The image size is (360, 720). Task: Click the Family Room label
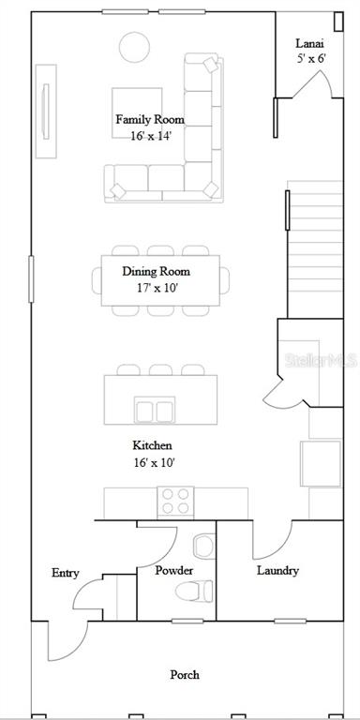click(150, 120)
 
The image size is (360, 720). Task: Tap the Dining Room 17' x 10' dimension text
click(157, 289)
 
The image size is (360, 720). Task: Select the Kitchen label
click(153, 445)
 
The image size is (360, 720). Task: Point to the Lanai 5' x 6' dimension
click(311, 59)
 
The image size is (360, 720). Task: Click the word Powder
click(174, 571)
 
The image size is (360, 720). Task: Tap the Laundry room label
click(277, 571)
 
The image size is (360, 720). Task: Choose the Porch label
click(185, 675)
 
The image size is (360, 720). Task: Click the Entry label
click(66, 573)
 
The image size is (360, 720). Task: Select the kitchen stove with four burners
click(175, 501)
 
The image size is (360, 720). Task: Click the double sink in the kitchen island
click(155, 409)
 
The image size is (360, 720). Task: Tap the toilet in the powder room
click(194, 591)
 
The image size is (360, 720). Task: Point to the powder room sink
click(204, 547)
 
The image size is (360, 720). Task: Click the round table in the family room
click(134, 47)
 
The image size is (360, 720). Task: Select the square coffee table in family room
click(137, 112)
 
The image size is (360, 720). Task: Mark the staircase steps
click(315, 249)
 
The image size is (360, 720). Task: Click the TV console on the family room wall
click(46, 112)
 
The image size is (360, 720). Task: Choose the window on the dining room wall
click(31, 279)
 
